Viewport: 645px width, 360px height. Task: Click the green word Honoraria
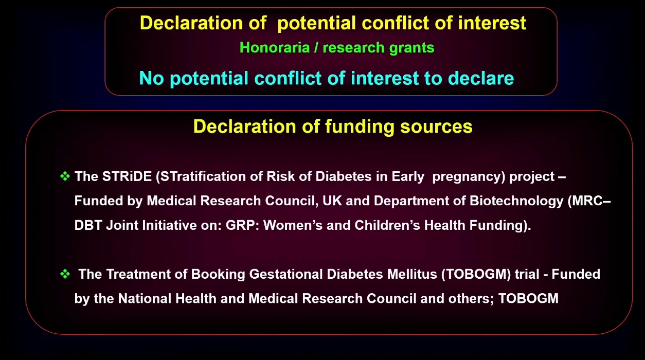[275, 47]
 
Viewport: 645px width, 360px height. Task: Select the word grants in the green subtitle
[411, 48]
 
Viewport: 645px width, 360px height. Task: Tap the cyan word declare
[481, 78]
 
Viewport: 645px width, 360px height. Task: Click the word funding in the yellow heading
[360, 127]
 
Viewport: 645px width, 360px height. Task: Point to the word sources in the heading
[436, 127]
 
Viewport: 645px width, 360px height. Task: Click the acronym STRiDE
[127, 176]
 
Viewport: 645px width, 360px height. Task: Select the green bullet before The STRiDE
[65, 176]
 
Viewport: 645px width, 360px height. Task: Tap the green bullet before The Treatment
[65, 274]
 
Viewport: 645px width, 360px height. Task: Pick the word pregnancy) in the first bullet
[469, 177]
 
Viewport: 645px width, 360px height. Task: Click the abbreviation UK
[332, 201]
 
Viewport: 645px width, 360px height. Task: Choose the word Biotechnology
[516, 201]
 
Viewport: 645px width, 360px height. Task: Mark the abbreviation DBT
[88, 225]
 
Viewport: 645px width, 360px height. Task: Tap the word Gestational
[286, 274]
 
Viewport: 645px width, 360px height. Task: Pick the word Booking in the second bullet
[218, 275]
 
